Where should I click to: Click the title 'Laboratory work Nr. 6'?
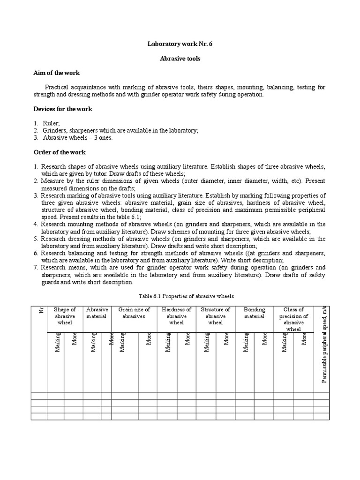(x=180, y=44)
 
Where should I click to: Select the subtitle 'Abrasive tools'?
(x=180, y=59)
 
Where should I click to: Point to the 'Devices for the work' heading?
(x=63, y=109)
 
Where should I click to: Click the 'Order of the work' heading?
(x=59, y=152)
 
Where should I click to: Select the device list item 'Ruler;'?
(x=51, y=123)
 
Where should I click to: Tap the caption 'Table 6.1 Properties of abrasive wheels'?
(x=180, y=296)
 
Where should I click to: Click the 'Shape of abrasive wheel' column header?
(x=65, y=316)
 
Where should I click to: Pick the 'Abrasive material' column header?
(x=97, y=313)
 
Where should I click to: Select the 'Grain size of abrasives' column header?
(x=134, y=313)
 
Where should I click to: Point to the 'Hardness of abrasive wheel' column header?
(x=176, y=316)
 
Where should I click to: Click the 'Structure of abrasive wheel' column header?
(x=215, y=316)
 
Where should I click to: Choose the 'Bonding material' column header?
(x=254, y=313)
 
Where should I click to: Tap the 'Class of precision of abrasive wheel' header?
(x=293, y=319)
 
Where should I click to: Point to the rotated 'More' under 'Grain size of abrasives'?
(x=149, y=339)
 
